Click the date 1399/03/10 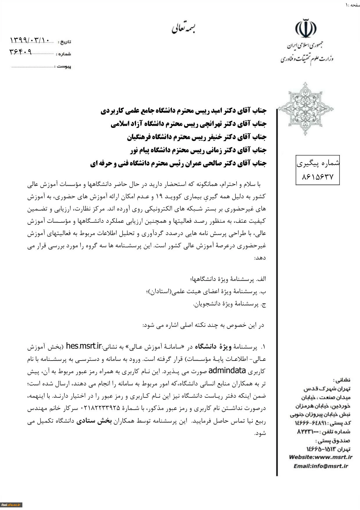click(x=30, y=40)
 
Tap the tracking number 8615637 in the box click(x=318, y=176)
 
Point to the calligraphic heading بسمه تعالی click(x=183, y=28)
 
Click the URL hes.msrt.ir click(x=84, y=346)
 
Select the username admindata click(x=227, y=371)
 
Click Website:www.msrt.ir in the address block click(x=320, y=457)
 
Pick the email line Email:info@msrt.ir click(x=320, y=466)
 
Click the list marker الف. click(x=262, y=279)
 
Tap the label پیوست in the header click(x=64, y=67)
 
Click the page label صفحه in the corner click(x=355, y=5)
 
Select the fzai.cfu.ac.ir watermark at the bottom click(x=11, y=505)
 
